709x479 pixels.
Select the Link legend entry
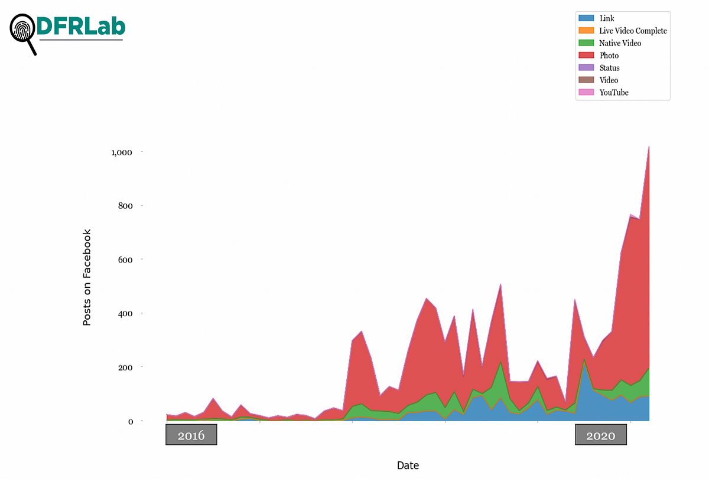pos(607,19)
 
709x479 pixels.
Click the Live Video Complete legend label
pos(633,31)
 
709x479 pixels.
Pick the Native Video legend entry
pos(620,43)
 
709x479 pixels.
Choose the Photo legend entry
pos(609,55)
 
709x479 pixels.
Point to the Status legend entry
pos(610,68)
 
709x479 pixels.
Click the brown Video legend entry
pos(609,80)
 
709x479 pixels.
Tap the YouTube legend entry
pos(614,93)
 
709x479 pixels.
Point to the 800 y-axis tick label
pos(127,206)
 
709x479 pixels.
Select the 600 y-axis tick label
pos(127,260)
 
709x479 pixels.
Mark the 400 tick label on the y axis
pos(127,313)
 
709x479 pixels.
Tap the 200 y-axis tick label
pos(127,367)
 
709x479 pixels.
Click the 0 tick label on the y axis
pos(132,421)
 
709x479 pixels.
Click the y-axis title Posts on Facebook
pos(87,277)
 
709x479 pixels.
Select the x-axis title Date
pos(408,465)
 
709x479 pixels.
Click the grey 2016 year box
pos(191,436)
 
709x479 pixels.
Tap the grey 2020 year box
pos(601,436)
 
